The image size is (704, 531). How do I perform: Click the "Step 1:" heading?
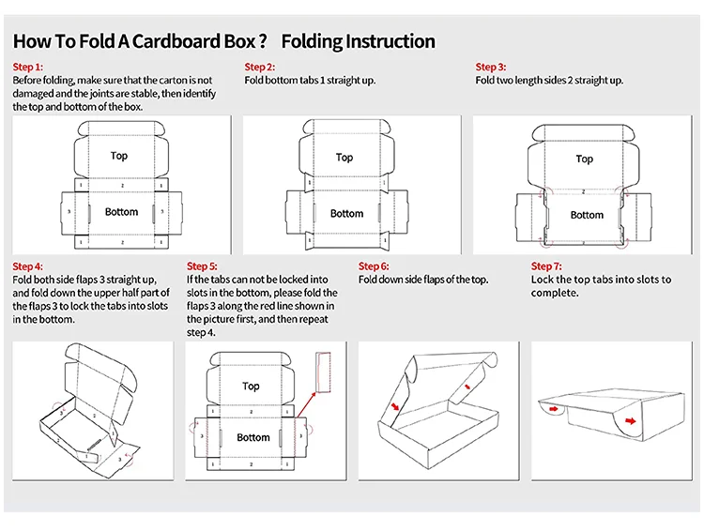(x=28, y=67)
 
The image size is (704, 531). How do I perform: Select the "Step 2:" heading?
(x=260, y=67)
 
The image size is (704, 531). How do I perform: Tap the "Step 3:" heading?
(x=491, y=67)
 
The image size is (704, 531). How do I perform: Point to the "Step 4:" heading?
(x=28, y=266)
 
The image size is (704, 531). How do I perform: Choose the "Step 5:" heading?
(x=203, y=266)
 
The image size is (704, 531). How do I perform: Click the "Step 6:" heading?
(x=375, y=266)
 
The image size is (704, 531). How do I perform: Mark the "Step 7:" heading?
(x=547, y=266)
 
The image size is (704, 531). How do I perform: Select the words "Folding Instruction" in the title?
(x=359, y=41)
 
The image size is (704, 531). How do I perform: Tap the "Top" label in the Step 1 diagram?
(x=119, y=156)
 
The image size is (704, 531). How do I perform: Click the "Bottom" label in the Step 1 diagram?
(x=121, y=212)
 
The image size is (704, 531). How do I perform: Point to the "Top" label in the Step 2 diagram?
(x=344, y=158)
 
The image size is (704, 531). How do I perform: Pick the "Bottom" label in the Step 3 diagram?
(x=587, y=215)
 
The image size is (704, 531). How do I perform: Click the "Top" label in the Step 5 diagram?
(x=251, y=386)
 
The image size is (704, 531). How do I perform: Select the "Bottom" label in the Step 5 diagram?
(x=253, y=437)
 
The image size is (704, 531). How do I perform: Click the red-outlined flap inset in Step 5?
(x=326, y=372)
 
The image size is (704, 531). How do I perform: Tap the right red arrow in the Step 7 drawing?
(x=630, y=421)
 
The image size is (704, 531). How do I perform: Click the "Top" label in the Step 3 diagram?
(x=585, y=159)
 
